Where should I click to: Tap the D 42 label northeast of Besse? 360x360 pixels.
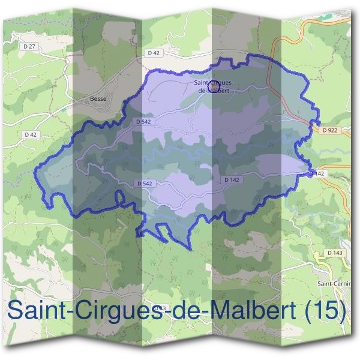(154, 53)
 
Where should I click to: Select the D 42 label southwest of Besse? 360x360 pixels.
(31, 135)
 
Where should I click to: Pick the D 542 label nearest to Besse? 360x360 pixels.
(143, 122)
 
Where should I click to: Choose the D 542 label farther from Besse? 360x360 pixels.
(144, 183)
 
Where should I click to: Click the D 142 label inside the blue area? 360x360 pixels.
(232, 180)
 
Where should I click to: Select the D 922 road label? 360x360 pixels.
(328, 130)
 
